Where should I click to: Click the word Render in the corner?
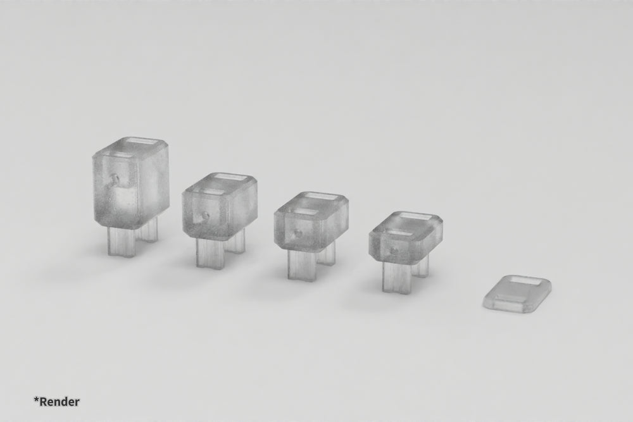[60, 401]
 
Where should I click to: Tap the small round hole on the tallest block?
[115, 180]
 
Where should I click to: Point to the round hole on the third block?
[296, 234]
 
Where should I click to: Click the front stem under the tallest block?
[122, 242]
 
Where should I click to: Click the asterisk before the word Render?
[37, 399]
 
